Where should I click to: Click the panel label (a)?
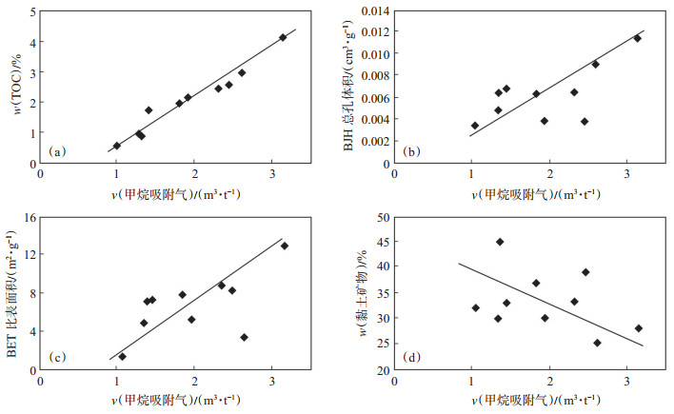[58, 151]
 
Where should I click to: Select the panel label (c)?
[58, 357]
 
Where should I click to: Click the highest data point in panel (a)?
[283, 37]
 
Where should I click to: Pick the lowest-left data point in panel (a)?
[116, 146]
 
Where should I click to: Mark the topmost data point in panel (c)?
[284, 246]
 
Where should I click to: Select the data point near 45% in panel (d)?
[500, 242]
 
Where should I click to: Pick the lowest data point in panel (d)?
[597, 343]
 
